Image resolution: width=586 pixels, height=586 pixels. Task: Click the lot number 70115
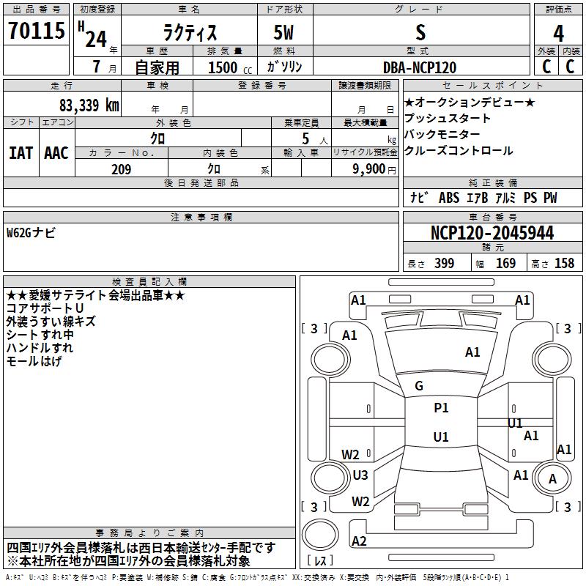coord(37,30)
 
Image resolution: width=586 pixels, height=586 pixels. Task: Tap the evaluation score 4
coord(558,33)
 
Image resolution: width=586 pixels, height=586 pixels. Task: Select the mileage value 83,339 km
coord(89,105)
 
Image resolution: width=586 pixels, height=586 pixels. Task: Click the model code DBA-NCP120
coord(420,67)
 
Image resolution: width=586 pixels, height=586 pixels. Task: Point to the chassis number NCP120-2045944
coord(492,233)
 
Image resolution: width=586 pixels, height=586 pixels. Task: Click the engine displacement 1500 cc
coord(230,67)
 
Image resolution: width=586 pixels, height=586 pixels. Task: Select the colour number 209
coord(122,169)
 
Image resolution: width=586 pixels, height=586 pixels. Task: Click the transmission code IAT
coord(21,153)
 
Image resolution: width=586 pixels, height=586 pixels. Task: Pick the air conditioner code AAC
coord(56,153)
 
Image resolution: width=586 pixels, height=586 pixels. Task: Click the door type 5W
coord(283,32)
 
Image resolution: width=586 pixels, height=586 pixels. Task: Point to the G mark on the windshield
coord(419,386)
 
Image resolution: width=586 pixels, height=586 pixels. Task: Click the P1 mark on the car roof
coord(441,408)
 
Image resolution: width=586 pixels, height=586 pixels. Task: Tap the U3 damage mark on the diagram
coord(360,475)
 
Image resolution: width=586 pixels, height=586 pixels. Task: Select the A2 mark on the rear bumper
coord(359,541)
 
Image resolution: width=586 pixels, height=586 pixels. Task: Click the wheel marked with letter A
coord(552,479)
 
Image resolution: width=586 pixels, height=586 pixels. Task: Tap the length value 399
coord(445,263)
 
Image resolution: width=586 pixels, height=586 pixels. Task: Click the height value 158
coord(564,263)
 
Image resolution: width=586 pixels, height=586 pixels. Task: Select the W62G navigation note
coord(31,233)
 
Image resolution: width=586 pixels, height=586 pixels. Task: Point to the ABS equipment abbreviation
coord(449,198)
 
